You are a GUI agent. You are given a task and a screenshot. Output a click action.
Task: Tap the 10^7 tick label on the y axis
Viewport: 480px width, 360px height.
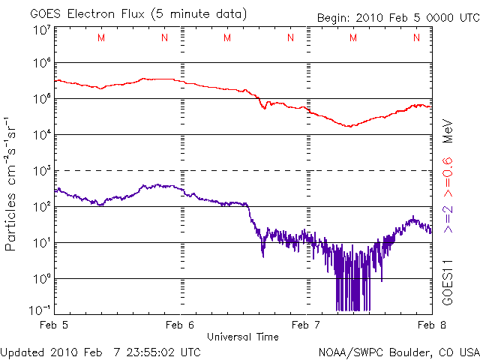click(40, 31)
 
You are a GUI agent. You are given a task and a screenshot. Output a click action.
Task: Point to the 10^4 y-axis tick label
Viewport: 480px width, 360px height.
click(40, 135)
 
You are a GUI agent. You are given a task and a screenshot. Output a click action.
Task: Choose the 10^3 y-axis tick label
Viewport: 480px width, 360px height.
click(40, 171)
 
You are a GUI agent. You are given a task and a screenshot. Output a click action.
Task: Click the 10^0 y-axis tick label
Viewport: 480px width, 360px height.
click(40, 279)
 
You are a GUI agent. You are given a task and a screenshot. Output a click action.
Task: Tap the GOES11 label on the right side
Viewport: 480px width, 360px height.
click(448, 281)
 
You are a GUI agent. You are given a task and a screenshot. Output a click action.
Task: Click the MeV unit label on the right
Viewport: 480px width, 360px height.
click(448, 130)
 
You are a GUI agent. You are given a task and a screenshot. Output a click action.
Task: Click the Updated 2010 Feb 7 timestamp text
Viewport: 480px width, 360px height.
click(100, 351)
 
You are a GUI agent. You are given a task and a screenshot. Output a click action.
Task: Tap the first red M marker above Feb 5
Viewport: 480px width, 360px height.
click(101, 37)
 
